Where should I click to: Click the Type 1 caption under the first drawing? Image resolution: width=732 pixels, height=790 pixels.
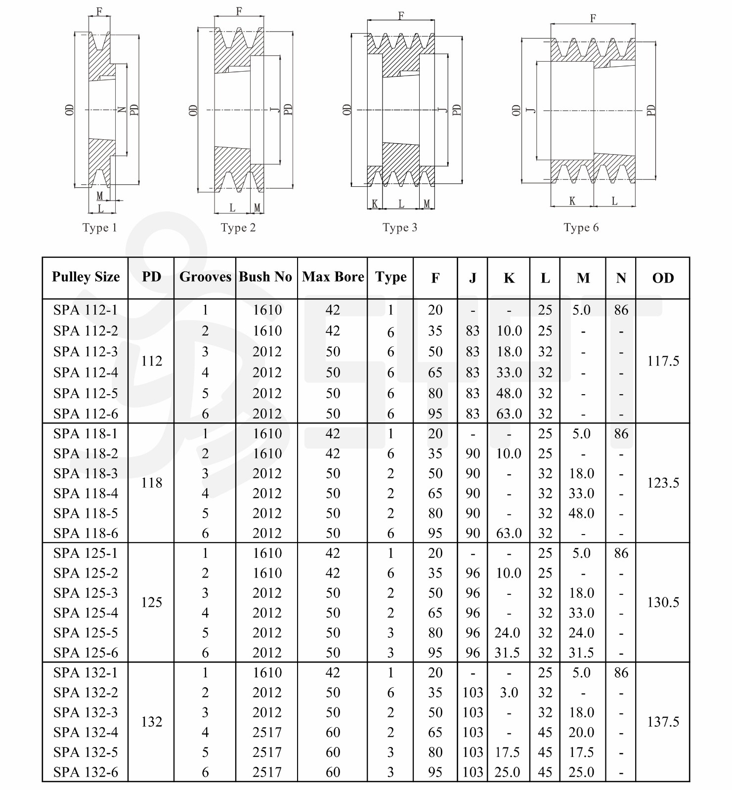(99, 228)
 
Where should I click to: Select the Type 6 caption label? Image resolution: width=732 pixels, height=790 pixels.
(581, 228)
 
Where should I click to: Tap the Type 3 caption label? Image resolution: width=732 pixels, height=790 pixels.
(399, 228)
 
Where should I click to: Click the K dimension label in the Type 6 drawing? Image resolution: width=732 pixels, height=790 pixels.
(572, 201)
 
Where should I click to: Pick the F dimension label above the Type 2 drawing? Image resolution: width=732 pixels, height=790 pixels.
(239, 11)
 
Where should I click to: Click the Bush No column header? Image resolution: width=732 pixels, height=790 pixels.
(265, 277)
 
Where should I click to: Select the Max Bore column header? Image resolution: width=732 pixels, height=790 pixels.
(333, 277)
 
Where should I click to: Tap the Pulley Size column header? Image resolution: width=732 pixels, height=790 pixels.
(86, 277)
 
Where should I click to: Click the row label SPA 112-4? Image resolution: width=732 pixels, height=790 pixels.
(86, 373)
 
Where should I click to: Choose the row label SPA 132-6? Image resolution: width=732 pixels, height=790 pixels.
(86, 772)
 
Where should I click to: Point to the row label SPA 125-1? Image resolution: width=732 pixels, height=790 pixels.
(86, 553)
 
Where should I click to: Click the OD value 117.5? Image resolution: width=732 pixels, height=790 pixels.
(663, 361)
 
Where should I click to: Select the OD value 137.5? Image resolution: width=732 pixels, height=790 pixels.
(663, 722)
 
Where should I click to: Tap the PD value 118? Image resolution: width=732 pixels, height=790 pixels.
(151, 483)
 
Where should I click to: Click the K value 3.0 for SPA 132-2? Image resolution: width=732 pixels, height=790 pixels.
(509, 693)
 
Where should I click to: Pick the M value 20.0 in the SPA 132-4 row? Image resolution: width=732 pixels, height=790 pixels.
(581, 733)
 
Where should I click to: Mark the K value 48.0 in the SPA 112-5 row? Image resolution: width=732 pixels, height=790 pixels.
(509, 394)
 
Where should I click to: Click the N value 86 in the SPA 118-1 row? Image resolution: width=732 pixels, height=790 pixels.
(621, 434)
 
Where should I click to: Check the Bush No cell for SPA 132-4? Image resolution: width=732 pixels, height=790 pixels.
(267, 733)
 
